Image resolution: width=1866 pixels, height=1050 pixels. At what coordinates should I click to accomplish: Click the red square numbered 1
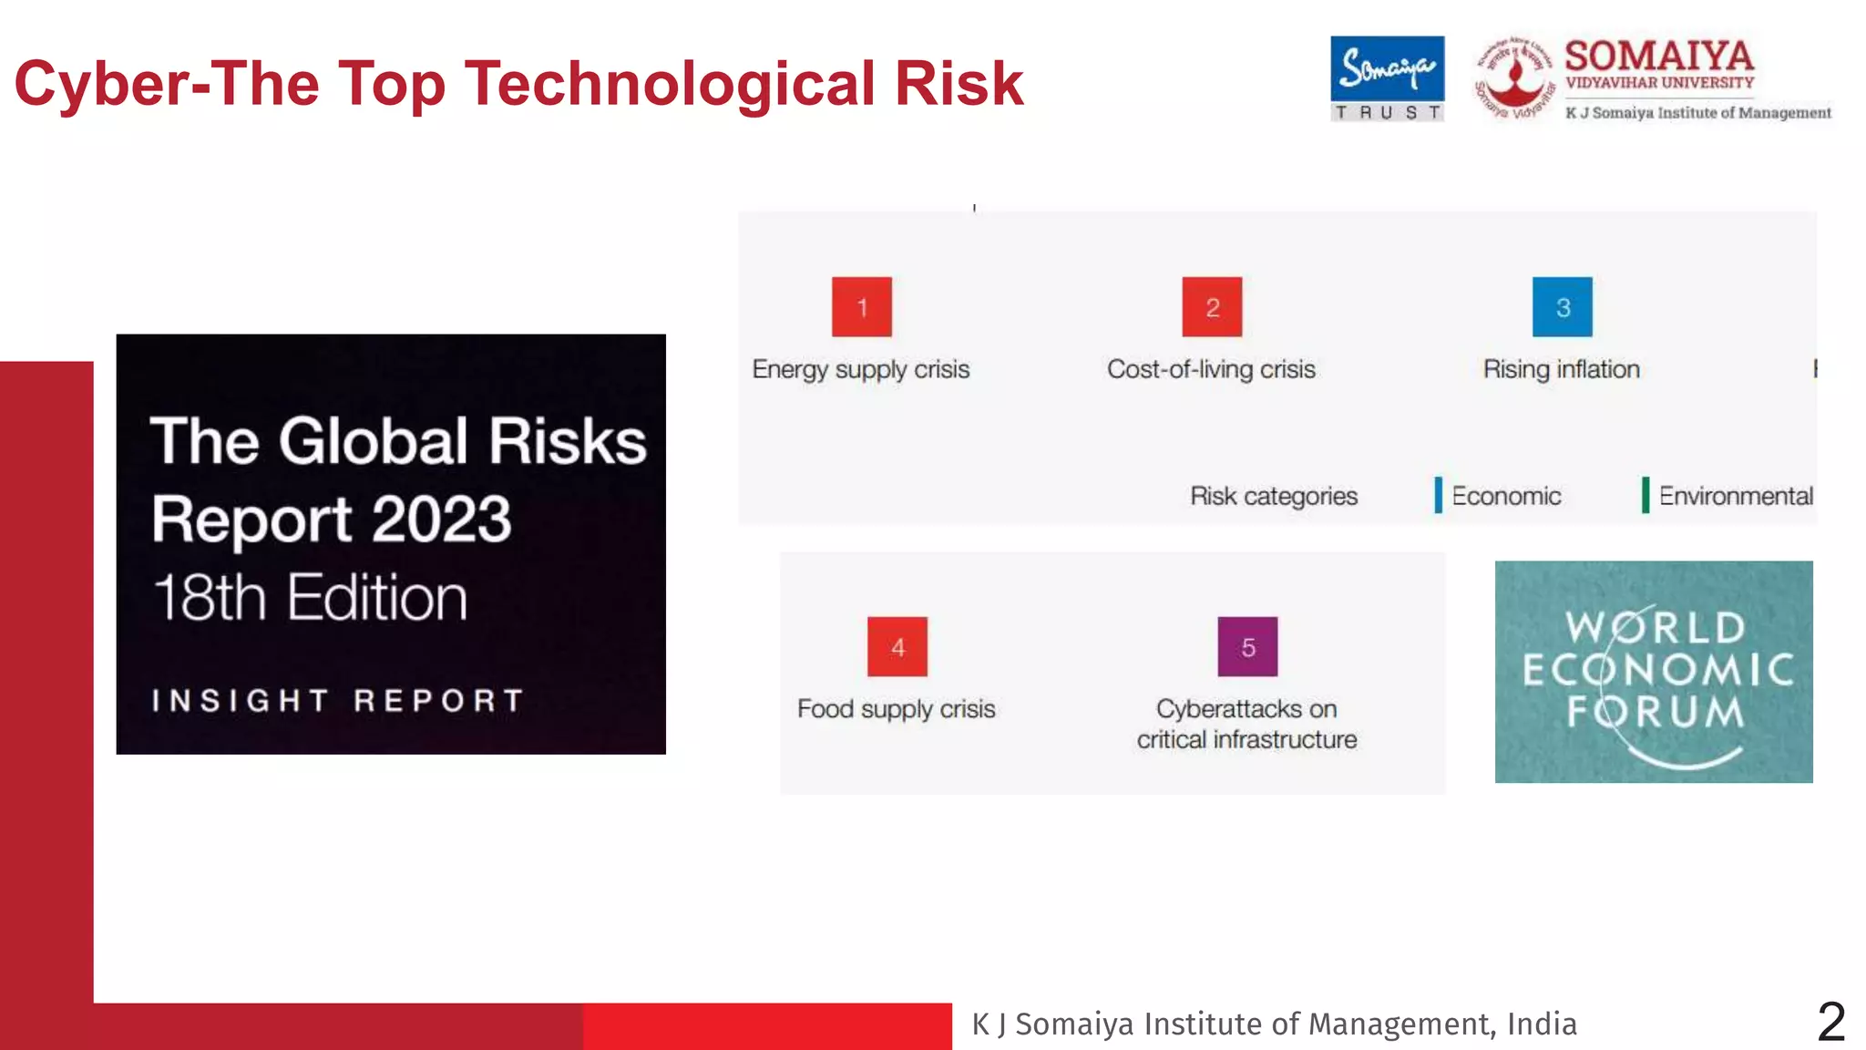tap(861, 307)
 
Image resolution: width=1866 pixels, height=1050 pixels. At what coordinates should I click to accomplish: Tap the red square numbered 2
tap(1212, 307)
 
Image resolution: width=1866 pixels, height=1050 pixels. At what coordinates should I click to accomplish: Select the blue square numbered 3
tap(1562, 307)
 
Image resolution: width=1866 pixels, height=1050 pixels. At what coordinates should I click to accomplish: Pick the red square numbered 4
tap(897, 647)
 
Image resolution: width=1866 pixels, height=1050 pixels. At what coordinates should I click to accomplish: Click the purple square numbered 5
tap(1247, 647)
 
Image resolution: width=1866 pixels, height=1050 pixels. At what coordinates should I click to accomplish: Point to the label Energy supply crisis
tap(860, 369)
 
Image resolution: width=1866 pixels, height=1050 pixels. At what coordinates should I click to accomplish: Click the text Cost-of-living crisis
tap(1211, 369)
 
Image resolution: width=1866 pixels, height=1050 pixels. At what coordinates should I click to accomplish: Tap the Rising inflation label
tap(1561, 369)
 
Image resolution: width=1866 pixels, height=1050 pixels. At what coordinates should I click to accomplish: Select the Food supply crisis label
tap(896, 709)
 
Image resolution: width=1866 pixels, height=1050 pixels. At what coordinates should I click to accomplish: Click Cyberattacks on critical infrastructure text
tap(1246, 724)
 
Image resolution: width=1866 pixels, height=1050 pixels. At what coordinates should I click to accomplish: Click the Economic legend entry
tap(1505, 496)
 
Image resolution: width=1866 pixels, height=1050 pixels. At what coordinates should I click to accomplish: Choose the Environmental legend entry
tap(1735, 496)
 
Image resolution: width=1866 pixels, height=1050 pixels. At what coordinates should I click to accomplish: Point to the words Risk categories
tap(1273, 496)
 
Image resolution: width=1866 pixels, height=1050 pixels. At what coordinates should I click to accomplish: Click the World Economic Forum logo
tap(1654, 672)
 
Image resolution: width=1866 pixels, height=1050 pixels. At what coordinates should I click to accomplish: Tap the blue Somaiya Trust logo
tap(1387, 78)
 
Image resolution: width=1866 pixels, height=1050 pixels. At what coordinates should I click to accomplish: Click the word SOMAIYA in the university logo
tap(1658, 57)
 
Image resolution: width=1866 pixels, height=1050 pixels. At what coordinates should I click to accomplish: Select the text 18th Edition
tap(310, 598)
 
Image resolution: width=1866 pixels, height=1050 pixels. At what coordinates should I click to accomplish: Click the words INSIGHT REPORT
tap(338, 700)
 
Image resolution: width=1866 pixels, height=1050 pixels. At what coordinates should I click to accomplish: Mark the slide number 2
tap(1830, 1022)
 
